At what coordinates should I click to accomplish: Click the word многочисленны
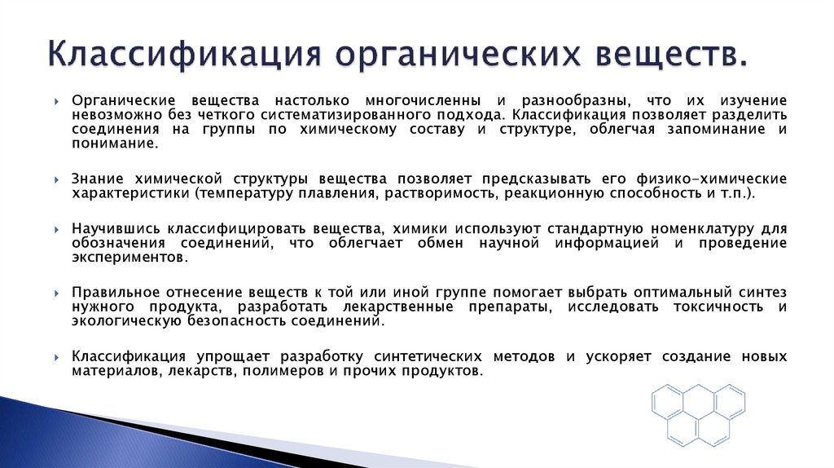[424, 99]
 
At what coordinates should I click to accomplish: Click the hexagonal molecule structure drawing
[697, 413]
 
